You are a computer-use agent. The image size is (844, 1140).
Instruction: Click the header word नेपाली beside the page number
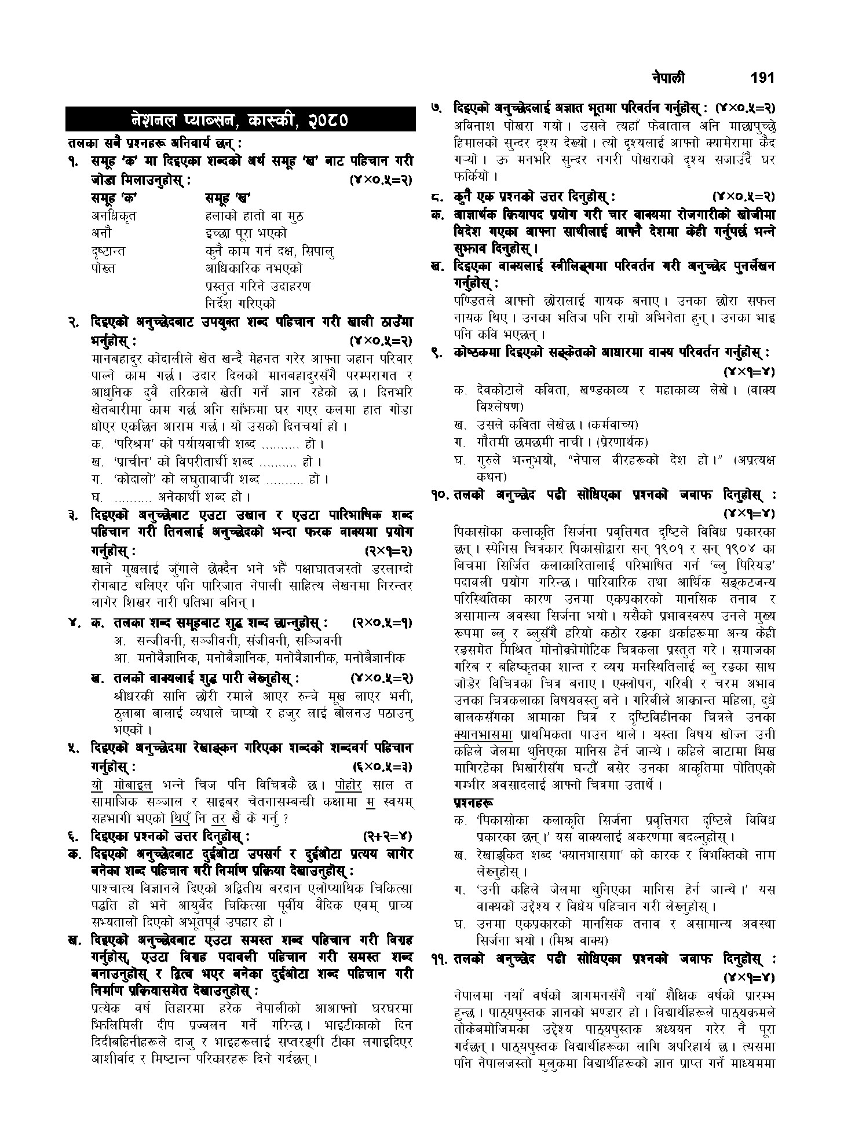(x=668, y=78)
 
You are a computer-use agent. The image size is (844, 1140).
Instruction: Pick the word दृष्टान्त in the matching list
(x=108, y=251)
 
